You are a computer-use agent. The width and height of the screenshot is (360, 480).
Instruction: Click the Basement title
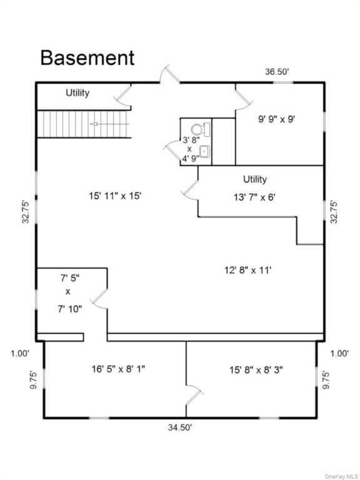click(87, 57)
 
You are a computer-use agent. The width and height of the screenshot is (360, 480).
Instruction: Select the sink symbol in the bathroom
click(205, 151)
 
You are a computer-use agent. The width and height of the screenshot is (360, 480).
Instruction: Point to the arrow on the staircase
click(109, 124)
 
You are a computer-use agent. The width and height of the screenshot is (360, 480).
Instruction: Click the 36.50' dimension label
click(277, 72)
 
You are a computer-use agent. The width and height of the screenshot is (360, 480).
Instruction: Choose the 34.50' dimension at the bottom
click(180, 427)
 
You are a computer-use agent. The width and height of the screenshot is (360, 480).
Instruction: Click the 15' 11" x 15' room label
click(115, 196)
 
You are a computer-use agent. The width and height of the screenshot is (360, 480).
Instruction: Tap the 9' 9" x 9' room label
click(277, 119)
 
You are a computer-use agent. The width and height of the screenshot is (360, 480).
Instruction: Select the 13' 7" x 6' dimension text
click(255, 197)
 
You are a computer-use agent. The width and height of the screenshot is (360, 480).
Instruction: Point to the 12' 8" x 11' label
click(248, 270)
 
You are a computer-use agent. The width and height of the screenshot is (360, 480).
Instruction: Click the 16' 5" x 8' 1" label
click(118, 369)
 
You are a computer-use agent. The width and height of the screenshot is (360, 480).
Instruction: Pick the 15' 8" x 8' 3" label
click(256, 371)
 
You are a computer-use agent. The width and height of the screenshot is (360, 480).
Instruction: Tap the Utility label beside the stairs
click(77, 92)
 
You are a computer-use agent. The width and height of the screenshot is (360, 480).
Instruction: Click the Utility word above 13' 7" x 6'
click(255, 179)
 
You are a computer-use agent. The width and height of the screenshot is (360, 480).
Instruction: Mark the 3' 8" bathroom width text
click(191, 141)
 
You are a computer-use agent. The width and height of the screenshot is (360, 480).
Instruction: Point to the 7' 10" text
click(71, 309)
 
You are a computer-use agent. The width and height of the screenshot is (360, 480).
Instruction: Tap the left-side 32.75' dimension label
click(26, 212)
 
